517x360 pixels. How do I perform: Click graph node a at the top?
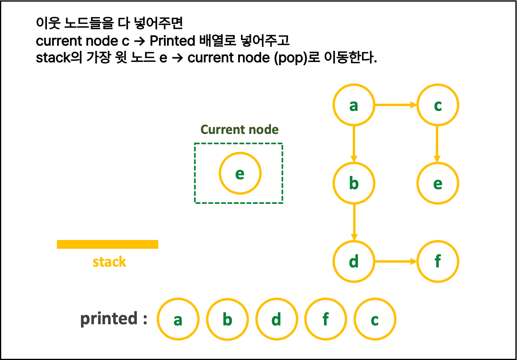tap(354, 105)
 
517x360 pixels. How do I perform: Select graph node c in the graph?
tap(437, 105)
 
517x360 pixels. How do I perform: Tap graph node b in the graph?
tap(354, 183)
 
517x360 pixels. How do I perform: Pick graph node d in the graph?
tap(354, 261)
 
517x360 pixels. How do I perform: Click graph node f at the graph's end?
tap(437, 261)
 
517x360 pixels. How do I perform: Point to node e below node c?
tap(437, 183)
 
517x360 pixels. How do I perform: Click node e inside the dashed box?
tap(240, 173)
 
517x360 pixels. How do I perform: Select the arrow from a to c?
tap(395, 105)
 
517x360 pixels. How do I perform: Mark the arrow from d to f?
tap(395, 261)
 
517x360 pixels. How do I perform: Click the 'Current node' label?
tap(239, 130)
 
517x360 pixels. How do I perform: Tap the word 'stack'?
tap(109, 262)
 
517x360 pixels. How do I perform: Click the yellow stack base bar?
tap(107, 244)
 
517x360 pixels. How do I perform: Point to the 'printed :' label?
tap(114, 319)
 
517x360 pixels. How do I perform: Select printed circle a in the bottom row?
tap(178, 319)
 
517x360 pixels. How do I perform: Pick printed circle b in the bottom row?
tap(227, 319)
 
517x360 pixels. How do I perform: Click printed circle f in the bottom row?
tap(325, 319)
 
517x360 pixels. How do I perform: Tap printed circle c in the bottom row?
tap(375, 319)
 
